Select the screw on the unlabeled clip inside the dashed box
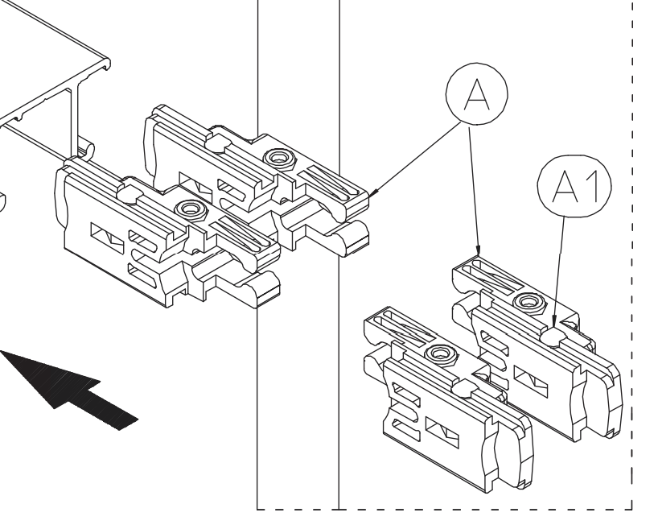[439, 352]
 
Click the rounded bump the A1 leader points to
[552, 333]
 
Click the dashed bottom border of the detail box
[483, 508]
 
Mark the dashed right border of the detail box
[635, 242]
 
